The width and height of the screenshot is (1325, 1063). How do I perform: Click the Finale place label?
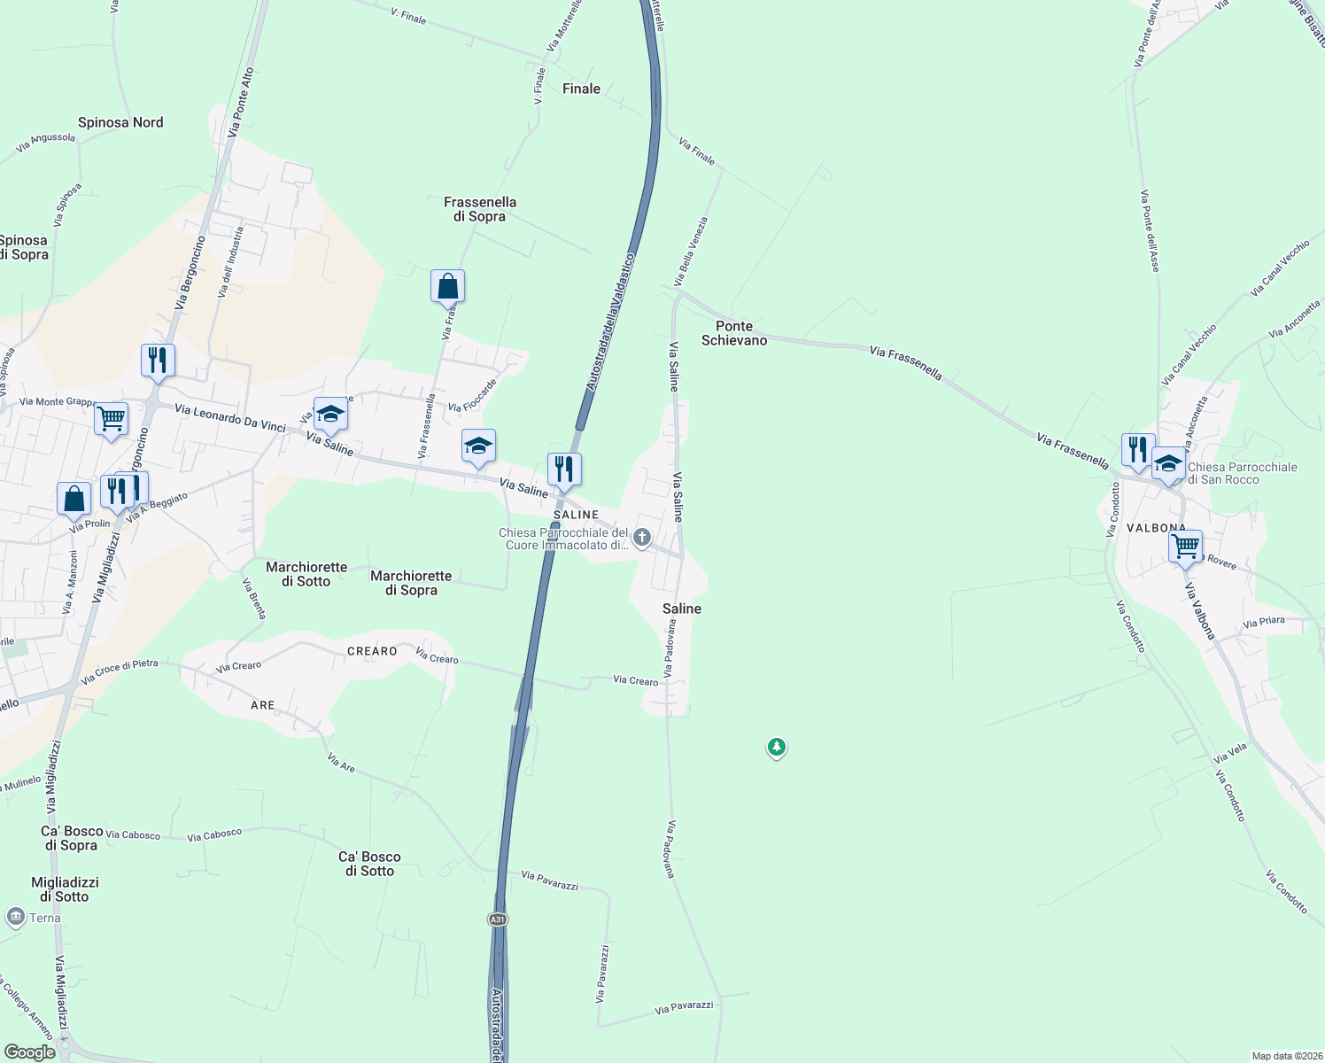point(581,89)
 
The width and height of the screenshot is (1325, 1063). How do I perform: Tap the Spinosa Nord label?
point(120,122)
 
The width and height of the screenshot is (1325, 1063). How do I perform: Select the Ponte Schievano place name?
point(734,333)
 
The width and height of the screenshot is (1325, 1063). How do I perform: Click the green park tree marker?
point(777,748)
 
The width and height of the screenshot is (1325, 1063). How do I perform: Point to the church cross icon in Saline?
point(642,538)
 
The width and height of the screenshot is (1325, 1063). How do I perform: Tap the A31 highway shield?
point(498,919)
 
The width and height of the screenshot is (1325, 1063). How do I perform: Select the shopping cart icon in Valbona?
point(1185,546)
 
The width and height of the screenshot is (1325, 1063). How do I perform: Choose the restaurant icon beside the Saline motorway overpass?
point(564,469)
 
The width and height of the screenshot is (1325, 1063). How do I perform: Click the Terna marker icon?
point(16,917)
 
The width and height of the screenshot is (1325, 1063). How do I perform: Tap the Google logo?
point(29,1052)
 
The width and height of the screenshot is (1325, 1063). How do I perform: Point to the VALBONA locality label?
point(1156,528)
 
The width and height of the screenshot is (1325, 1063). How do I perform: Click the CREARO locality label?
point(372,651)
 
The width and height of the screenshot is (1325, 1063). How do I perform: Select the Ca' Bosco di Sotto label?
point(369,864)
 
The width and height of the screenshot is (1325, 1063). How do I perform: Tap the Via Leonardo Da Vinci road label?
point(230,418)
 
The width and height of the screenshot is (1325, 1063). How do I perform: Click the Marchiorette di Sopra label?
point(411,583)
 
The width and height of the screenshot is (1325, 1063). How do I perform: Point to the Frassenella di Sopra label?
point(480,209)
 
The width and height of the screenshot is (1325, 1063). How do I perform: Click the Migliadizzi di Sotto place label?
point(65,889)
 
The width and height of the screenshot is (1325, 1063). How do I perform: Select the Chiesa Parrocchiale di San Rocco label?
point(1242,473)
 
